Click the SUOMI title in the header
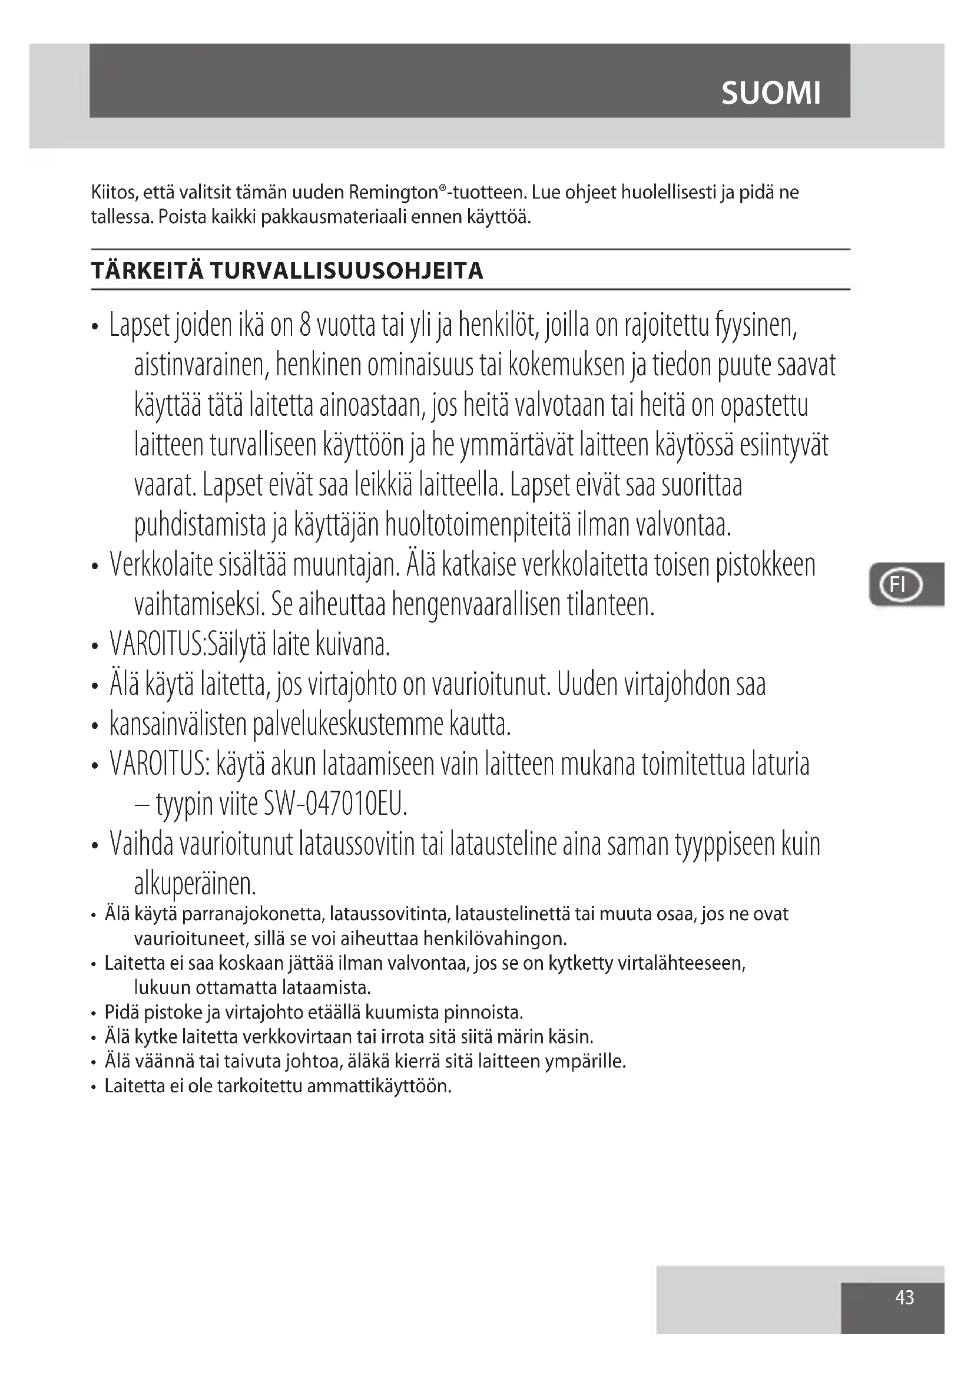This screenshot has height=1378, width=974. click(x=771, y=93)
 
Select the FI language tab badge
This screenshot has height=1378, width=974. click(x=900, y=584)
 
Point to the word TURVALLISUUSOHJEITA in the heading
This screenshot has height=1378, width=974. click(x=346, y=271)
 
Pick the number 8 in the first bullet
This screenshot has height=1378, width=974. click(x=304, y=325)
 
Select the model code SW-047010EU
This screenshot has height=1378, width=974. click(x=335, y=804)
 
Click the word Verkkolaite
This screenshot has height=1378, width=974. click(x=161, y=566)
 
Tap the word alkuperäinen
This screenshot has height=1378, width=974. click(x=195, y=884)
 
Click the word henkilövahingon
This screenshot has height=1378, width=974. click(x=495, y=938)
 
